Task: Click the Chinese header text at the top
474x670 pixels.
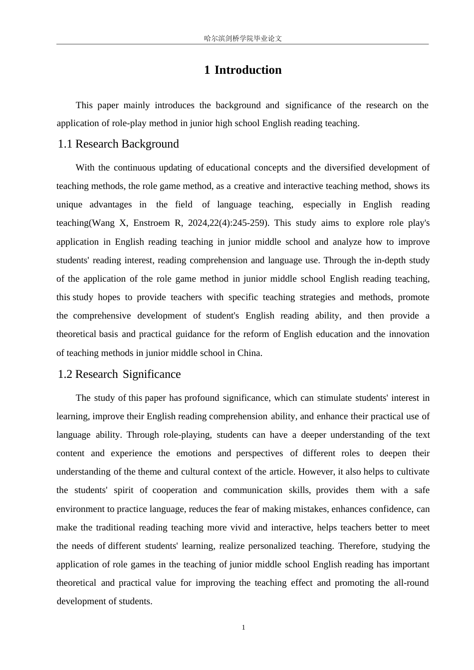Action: point(243,38)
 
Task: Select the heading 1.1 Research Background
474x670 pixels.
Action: point(118,144)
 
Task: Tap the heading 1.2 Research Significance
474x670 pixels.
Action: point(119,374)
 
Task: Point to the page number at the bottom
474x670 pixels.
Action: point(243,628)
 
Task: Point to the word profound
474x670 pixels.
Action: point(202,398)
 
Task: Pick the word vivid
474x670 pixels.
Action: point(239,527)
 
